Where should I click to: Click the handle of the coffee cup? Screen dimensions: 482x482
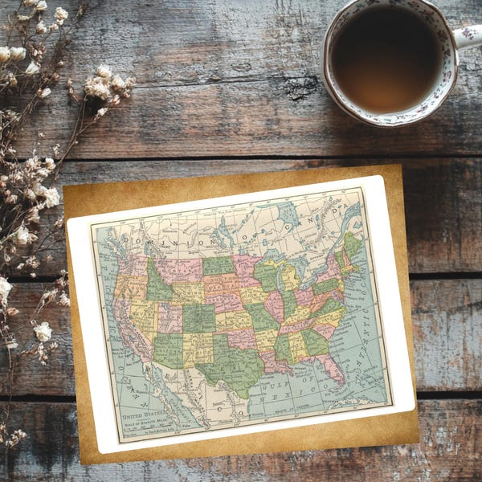(469, 37)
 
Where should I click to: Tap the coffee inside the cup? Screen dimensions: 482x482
(386, 59)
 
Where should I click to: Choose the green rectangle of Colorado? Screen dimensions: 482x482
(198, 317)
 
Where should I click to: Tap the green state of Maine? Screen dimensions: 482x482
(352, 243)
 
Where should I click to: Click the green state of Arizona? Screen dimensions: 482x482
(168, 350)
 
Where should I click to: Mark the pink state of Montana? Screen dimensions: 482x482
(178, 269)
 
